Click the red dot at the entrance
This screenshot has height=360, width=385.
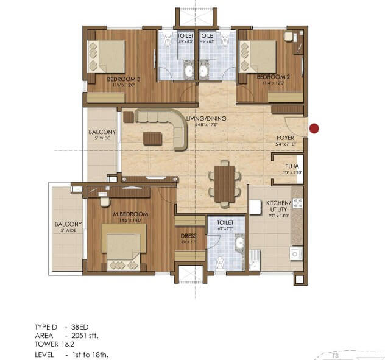[314, 128]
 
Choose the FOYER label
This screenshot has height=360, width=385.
[285, 138]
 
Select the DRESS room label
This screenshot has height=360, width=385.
[188, 236]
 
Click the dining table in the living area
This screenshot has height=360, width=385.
[224, 183]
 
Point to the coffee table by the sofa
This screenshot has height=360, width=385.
[152, 139]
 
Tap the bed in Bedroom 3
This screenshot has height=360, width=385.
[107, 56]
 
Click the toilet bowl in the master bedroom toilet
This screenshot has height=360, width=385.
[219, 263]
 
